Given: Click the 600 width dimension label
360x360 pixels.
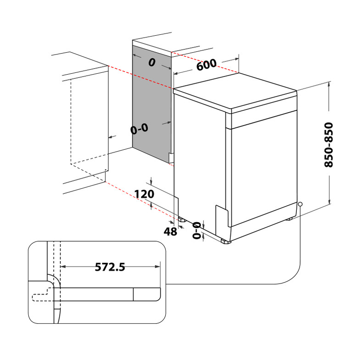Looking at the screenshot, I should coord(206,65).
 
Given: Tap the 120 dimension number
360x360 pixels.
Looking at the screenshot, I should coord(144,194).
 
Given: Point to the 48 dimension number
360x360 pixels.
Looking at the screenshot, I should coord(170,232).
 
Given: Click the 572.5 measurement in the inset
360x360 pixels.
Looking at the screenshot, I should coord(110,267).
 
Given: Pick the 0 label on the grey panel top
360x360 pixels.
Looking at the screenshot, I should coord(152,63).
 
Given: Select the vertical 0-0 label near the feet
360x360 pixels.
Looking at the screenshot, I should coord(196,230).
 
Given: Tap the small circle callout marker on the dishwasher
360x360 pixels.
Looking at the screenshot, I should coord(300,204).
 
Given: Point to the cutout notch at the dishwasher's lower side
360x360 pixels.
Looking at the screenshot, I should coord(222,215).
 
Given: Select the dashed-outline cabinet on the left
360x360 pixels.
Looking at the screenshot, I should coord(89,124).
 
